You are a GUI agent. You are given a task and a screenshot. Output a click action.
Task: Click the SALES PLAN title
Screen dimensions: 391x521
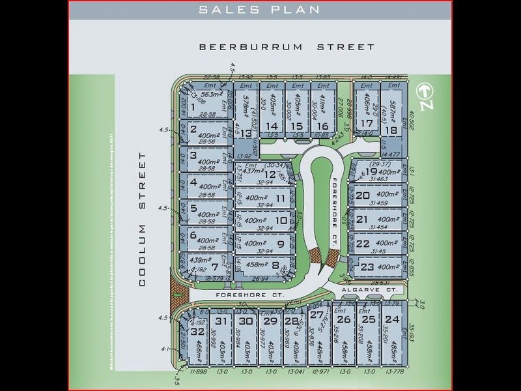click(260, 9)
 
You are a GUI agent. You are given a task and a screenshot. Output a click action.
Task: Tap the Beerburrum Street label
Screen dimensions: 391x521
click(287, 47)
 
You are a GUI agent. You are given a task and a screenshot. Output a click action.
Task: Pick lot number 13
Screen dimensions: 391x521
click(246, 134)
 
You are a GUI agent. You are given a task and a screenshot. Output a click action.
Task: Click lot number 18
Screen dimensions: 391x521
click(391, 130)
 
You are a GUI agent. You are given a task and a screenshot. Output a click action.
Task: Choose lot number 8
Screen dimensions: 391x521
click(275, 265)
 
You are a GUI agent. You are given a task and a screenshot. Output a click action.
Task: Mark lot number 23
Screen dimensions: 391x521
click(367, 267)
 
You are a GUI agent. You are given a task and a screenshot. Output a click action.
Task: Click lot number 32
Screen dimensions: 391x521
click(197, 332)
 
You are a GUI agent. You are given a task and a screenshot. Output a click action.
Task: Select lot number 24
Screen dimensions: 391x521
click(391, 319)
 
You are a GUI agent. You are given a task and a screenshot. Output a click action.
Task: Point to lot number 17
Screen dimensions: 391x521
click(367, 123)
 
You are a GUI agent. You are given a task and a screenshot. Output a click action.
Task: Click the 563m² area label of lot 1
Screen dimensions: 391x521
click(212, 93)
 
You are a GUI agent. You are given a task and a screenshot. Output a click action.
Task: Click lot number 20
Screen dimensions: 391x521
click(363, 195)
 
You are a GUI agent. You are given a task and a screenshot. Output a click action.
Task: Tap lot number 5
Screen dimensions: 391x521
click(193, 209)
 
